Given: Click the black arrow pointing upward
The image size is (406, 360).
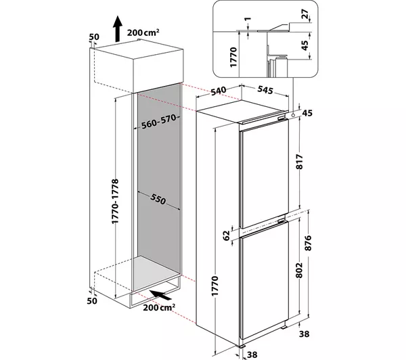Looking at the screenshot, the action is coord(117,28).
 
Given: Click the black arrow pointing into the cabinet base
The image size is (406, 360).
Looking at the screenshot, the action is coord(160,295).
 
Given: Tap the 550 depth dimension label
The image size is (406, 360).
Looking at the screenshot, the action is coord(158,199).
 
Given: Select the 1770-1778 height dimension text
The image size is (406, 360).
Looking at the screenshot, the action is coord(115,201).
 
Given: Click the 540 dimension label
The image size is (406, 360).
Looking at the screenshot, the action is coord(219,91).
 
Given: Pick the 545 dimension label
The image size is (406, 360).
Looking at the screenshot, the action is coord(265,89).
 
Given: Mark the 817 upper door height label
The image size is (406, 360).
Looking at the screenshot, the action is coord(299,162).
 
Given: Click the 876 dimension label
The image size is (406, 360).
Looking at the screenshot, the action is coord(308,243).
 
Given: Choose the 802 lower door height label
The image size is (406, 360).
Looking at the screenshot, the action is coord(299,270).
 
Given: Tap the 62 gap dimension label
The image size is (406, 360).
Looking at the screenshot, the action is coord(227,235).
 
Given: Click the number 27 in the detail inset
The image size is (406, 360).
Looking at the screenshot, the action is coord(306,14).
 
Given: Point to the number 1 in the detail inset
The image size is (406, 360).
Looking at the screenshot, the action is coord(248,19).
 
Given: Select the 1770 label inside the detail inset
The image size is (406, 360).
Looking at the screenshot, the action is coord(233,58).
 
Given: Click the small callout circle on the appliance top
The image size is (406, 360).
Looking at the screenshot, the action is coord(293,115).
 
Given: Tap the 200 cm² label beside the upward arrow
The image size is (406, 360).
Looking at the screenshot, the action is coord(143,32).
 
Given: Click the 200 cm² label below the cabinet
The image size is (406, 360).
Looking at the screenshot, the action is coord(159,307).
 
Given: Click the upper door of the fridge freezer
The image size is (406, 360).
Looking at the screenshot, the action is coord(265,175).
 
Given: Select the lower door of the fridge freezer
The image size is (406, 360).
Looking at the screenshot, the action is coord(265,280).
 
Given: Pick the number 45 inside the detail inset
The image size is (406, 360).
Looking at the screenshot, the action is coord(306,45).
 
